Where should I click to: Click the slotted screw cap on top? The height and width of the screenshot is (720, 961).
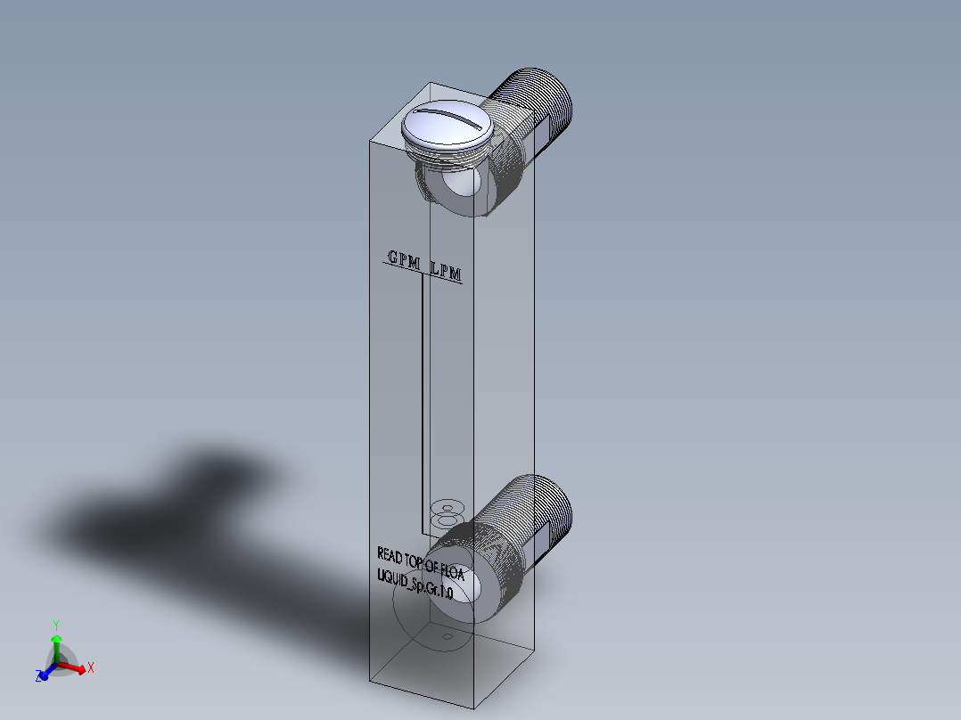coord(448,126)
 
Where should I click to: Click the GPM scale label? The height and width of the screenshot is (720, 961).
coord(403,258)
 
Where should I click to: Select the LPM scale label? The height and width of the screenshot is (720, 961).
coord(446,271)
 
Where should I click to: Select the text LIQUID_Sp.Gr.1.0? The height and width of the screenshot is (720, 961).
coord(415,587)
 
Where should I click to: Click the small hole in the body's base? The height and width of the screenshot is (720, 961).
coord(448,637)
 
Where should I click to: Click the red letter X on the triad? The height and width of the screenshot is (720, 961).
coord(91,667)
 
